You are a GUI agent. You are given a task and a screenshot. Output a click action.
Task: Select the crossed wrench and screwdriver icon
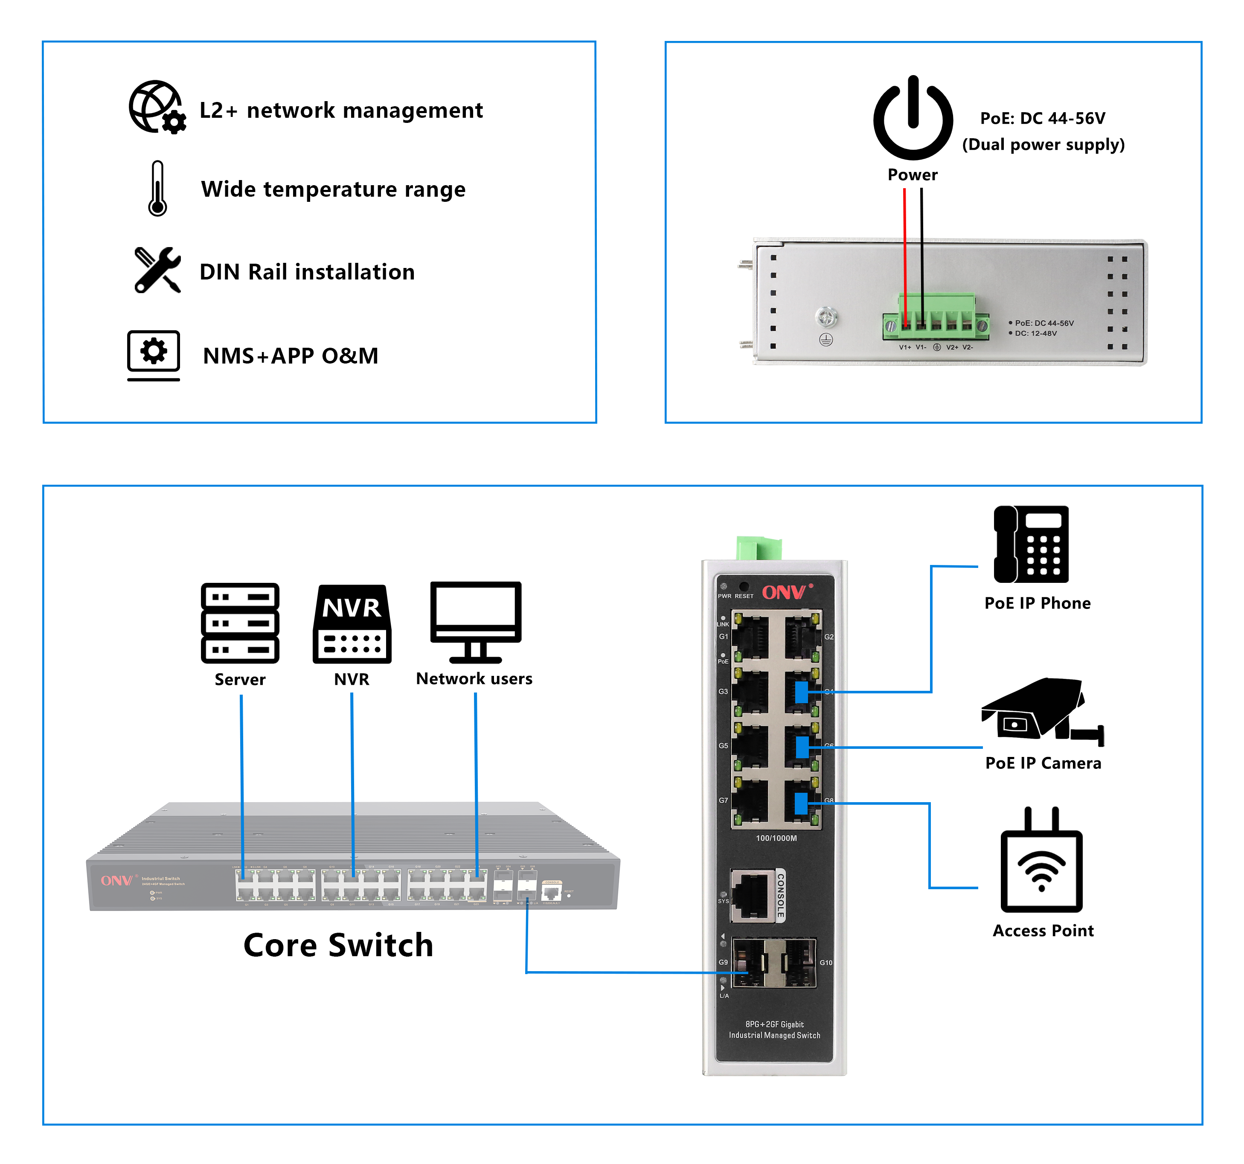click(x=157, y=270)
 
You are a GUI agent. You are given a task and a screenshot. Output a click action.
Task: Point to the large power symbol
click(x=913, y=119)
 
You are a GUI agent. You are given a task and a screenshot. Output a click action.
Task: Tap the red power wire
click(x=904, y=250)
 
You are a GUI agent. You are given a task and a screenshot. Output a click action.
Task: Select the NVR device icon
click(x=352, y=624)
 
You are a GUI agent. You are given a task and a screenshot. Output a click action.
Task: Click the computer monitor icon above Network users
click(x=476, y=621)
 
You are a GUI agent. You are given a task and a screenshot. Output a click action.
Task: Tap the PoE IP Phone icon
click(x=1031, y=544)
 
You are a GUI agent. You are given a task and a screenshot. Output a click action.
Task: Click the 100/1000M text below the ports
click(x=776, y=838)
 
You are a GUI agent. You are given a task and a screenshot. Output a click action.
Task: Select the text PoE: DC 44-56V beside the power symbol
click(x=1043, y=118)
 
